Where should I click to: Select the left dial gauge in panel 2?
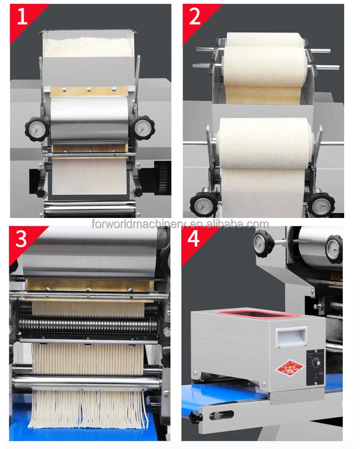[203, 204]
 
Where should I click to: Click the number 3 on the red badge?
[21, 238]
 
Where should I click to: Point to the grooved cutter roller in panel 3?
[88, 323]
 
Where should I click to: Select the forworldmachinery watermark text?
[180, 224]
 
